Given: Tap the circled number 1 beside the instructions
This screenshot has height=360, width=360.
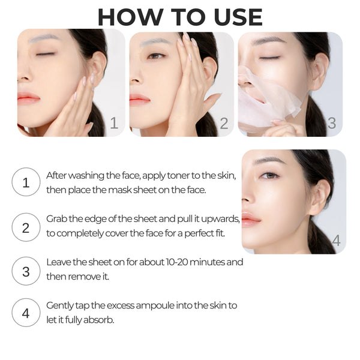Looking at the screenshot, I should pos(26,182).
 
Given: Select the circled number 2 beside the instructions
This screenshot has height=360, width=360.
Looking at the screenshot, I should pos(26,227).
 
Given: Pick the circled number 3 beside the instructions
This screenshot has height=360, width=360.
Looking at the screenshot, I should pos(26,271).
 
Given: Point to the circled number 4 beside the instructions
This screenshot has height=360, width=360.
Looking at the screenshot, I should pos(26,312).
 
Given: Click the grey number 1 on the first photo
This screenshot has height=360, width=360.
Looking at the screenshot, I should pos(114,124).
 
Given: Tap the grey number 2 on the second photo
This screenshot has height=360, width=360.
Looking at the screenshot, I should pos(224,124).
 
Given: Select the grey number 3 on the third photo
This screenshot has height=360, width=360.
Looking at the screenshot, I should pos(331,124).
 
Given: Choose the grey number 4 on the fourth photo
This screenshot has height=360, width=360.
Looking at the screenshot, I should pos(335,241).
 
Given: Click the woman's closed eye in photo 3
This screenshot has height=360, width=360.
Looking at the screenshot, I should pos(269,58).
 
